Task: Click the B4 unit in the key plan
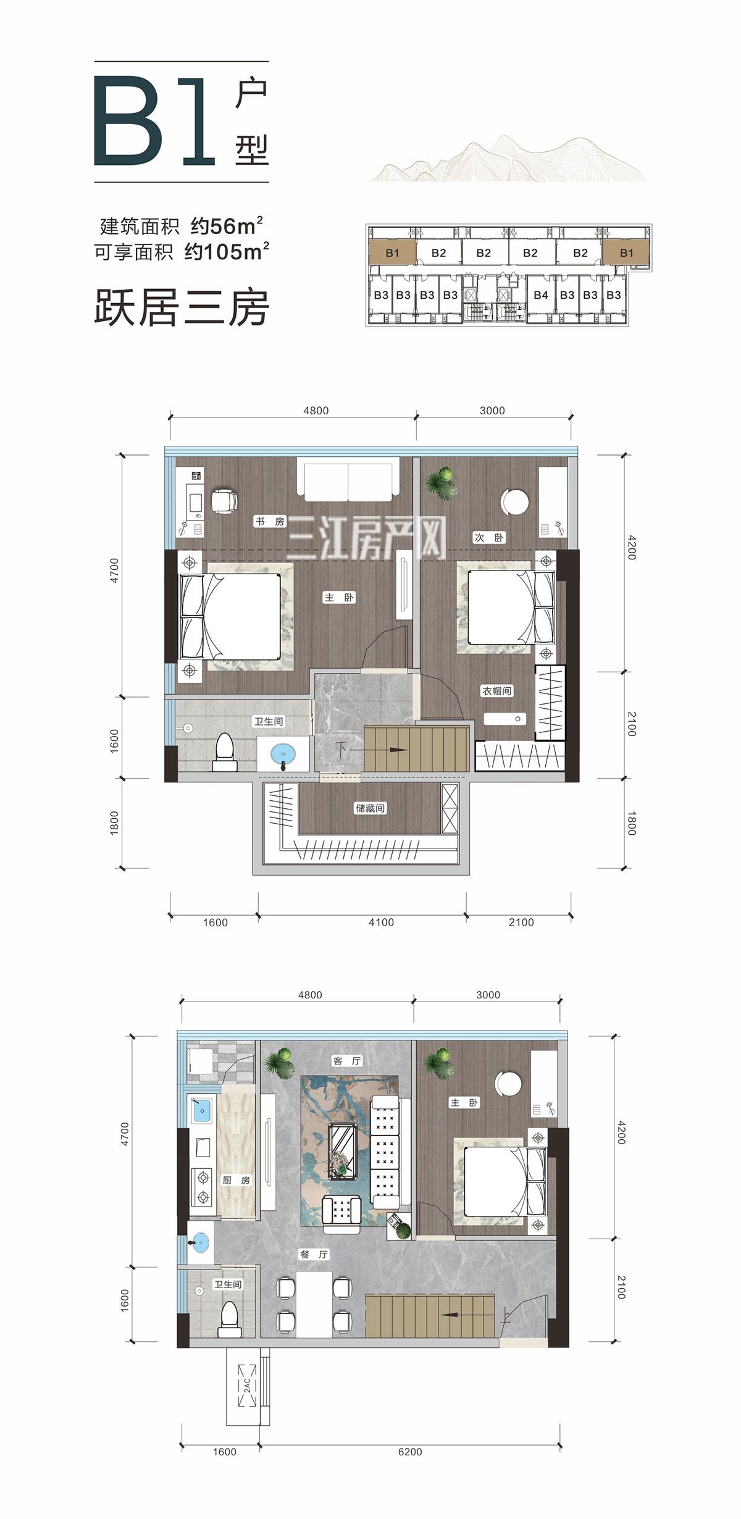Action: [x=540, y=295]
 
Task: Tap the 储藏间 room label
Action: [x=370, y=808]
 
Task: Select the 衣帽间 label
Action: [x=497, y=691]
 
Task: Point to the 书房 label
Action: [x=270, y=522]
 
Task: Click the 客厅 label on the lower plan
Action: [x=347, y=1061]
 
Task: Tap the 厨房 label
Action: [x=237, y=1180]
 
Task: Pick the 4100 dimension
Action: [x=381, y=922]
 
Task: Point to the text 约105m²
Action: [x=227, y=251]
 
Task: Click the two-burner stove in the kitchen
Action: [x=202, y=1187]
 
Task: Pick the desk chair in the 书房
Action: [x=224, y=500]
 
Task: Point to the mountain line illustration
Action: [x=508, y=159]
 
